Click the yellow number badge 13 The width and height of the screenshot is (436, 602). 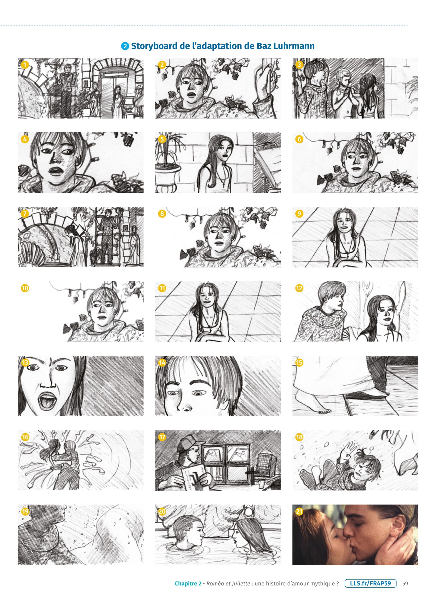[25, 363]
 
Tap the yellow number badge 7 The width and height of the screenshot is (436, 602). [25, 214]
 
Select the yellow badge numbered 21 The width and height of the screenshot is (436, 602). [299, 512]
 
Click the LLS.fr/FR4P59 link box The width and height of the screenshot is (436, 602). [370, 583]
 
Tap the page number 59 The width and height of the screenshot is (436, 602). [405, 583]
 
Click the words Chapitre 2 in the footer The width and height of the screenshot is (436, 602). [188, 583]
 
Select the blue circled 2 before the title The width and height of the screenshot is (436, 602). [125, 46]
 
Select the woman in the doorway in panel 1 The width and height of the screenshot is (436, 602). [117, 101]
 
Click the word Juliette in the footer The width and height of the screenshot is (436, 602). [241, 583]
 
